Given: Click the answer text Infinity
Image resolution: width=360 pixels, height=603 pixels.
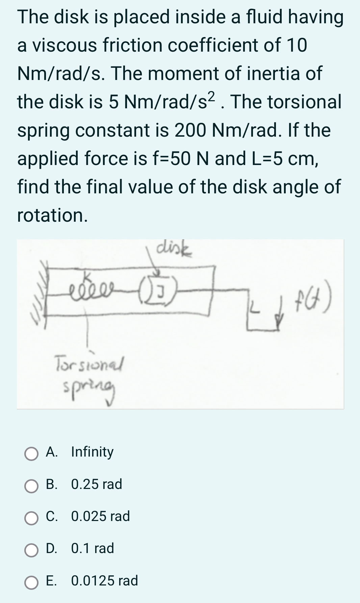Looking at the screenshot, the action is click(x=92, y=452).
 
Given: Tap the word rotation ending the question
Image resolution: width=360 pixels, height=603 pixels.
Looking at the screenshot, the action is click(x=52, y=215).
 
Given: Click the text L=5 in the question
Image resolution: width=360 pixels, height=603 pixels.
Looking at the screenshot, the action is click(x=267, y=159).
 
